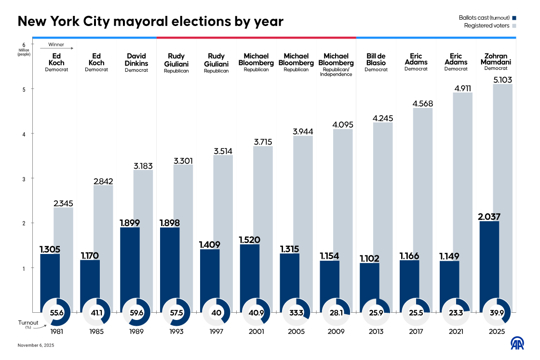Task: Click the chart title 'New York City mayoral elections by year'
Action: click(150, 22)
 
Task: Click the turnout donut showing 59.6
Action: click(136, 313)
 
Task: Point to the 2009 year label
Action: click(336, 332)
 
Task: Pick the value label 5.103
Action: click(503, 80)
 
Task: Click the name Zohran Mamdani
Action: click(496, 59)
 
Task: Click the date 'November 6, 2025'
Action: click(37, 346)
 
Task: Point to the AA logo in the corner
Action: click(517, 343)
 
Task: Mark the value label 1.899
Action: click(129, 222)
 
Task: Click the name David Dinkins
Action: click(136, 59)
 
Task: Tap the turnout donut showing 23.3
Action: click(456, 313)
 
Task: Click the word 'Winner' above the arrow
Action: click(56, 44)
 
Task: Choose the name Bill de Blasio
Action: click(376, 59)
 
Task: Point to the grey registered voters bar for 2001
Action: click(263, 231)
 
